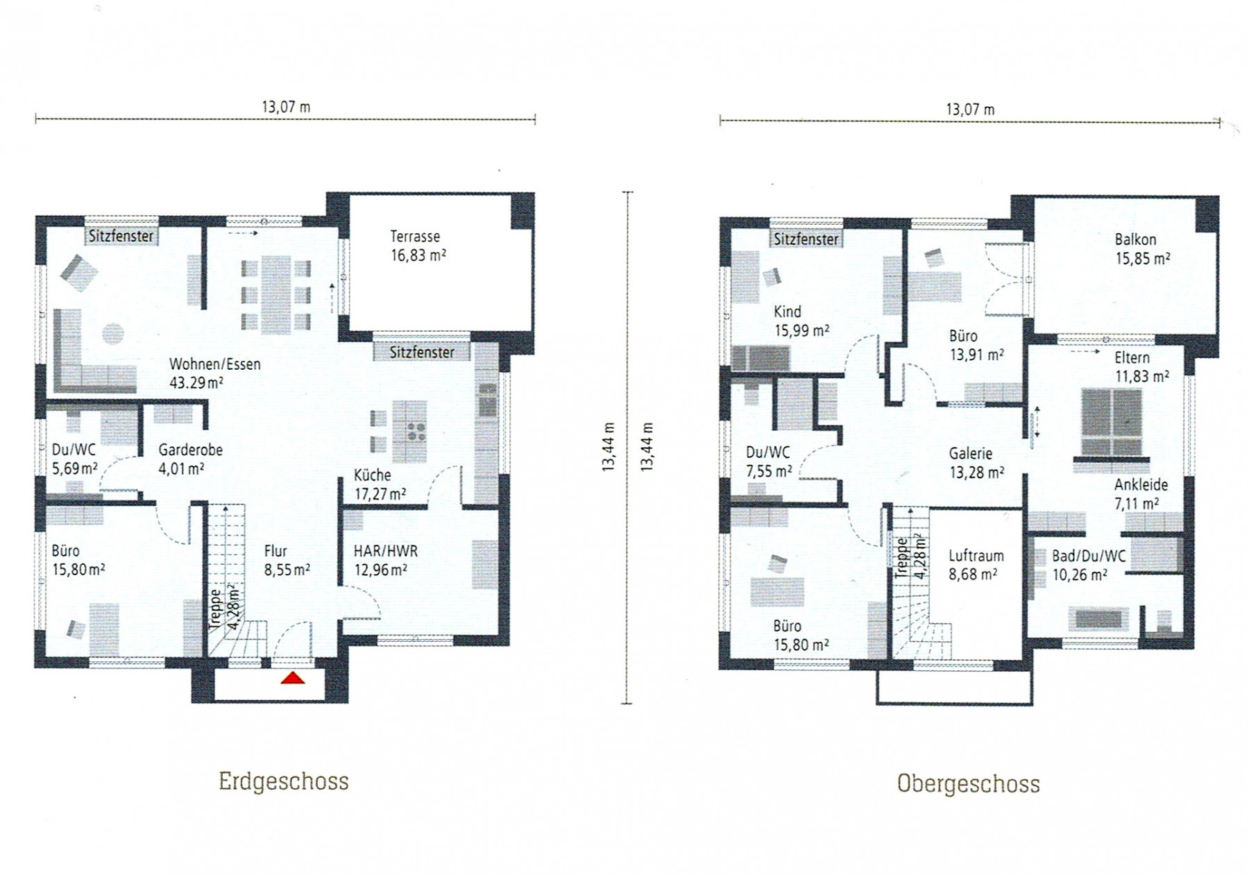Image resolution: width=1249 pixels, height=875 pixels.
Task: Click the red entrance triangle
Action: [x=293, y=678]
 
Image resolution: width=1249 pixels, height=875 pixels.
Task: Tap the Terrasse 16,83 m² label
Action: [x=418, y=246]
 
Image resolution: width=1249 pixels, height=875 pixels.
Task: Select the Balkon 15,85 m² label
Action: [x=1142, y=249]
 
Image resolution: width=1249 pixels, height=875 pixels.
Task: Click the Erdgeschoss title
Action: [x=284, y=781]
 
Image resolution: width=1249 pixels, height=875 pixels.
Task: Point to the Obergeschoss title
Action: [x=968, y=784]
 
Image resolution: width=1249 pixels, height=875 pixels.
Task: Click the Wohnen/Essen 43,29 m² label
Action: [x=215, y=373]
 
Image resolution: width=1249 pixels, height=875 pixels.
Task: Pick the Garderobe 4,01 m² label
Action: [x=190, y=459]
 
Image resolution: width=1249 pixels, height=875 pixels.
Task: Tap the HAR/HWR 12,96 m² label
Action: [x=386, y=560]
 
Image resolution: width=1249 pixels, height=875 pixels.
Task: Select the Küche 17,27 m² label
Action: [x=380, y=484]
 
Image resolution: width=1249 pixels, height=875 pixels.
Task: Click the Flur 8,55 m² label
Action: [x=287, y=560]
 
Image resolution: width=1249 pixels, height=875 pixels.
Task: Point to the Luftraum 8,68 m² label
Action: [x=976, y=565]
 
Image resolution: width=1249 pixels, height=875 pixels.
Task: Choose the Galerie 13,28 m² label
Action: [x=976, y=463]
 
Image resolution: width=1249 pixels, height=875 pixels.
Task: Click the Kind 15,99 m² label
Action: [x=801, y=321]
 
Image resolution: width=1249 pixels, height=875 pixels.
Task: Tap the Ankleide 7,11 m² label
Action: [x=1141, y=494]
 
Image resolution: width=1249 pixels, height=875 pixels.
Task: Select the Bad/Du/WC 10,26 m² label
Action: [x=1088, y=565]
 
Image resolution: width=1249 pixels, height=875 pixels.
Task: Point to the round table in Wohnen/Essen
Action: [x=113, y=334]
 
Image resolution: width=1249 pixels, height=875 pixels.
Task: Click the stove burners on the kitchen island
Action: [x=416, y=432]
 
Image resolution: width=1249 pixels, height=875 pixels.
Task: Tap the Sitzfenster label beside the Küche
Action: [x=422, y=352]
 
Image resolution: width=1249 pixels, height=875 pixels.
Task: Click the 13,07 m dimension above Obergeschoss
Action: [x=970, y=110]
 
